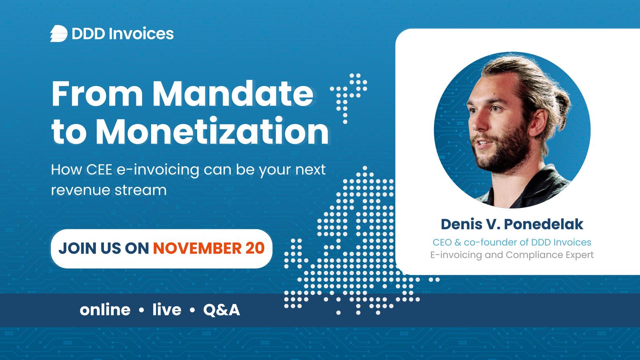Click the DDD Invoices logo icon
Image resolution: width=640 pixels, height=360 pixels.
(59, 34)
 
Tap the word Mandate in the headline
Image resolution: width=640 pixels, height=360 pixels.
(233, 94)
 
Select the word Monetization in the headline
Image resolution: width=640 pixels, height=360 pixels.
(212, 131)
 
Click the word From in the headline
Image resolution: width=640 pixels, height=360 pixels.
(97, 94)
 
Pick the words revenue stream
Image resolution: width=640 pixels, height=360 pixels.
(109, 190)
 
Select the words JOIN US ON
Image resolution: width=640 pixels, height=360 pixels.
(104, 248)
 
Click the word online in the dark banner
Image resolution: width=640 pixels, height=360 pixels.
(105, 310)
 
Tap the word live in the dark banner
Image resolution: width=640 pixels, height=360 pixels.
(167, 310)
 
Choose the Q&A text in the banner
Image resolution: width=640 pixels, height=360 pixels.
(222, 310)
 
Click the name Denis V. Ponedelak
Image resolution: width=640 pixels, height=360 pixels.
(512, 224)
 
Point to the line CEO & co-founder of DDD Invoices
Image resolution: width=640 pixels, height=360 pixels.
(512, 242)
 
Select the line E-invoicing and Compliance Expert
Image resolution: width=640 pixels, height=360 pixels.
(512, 255)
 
